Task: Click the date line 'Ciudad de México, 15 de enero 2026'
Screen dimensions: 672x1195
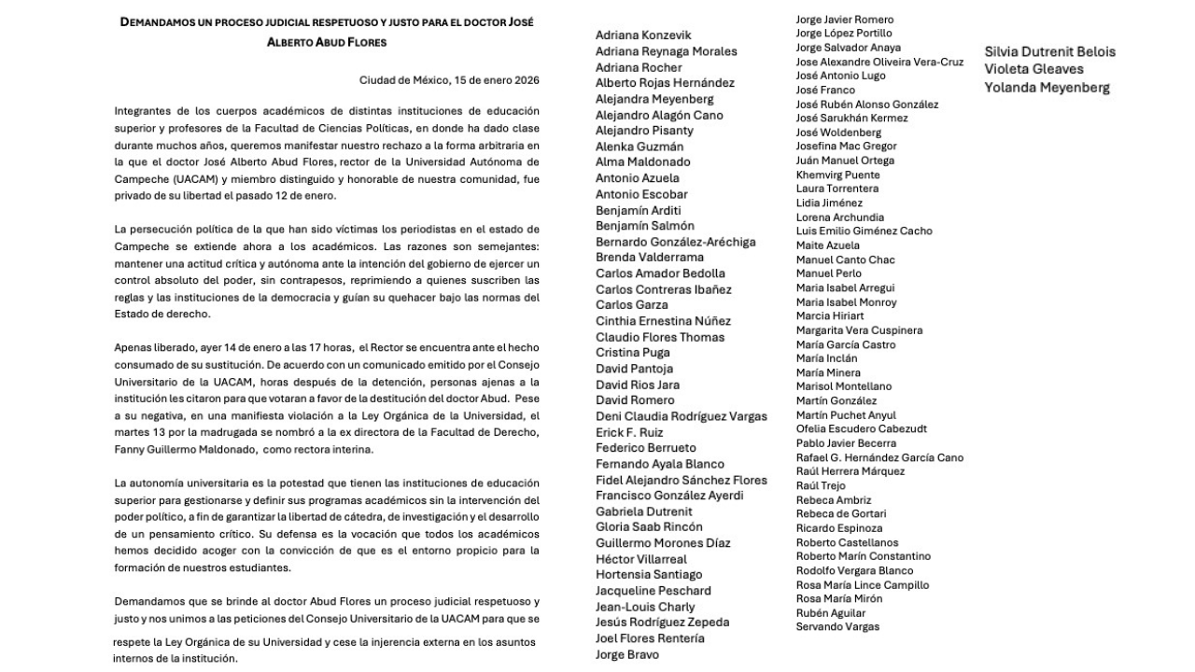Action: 449,80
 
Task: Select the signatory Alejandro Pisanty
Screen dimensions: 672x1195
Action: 644,131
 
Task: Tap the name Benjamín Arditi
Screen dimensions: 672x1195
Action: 639,210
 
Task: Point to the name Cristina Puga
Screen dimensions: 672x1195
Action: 633,353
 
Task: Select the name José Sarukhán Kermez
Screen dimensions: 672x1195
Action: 851,119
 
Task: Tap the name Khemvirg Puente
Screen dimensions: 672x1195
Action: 837,175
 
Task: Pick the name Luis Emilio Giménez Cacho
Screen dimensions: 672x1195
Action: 864,231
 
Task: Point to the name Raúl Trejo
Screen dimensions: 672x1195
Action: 821,485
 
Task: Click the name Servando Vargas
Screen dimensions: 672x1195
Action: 837,626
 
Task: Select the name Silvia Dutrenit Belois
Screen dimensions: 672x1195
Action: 1049,52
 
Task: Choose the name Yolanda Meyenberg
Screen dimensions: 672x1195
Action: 1047,88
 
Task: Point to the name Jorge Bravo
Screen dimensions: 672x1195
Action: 627,654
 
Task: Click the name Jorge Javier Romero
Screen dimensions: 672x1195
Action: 844,20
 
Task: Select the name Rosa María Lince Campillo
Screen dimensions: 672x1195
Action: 862,585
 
